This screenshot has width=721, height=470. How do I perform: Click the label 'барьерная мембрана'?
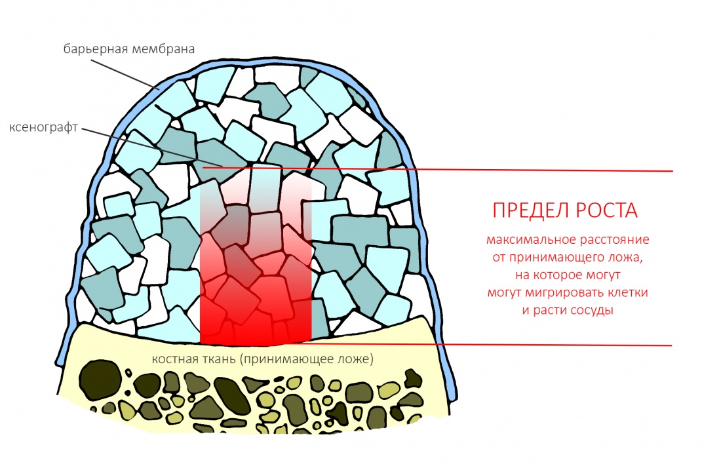[x=129, y=49]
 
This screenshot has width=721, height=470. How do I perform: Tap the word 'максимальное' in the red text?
[x=521, y=241]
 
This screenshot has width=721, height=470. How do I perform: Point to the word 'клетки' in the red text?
[x=629, y=292]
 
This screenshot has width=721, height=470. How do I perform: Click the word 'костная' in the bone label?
[x=172, y=360]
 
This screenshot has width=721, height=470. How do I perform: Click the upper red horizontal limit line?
[x=492, y=170]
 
